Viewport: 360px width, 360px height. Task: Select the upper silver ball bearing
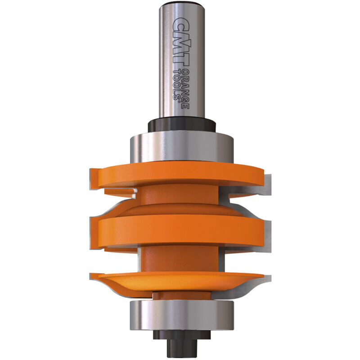180,145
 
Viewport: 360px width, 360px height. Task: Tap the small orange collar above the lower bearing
180,296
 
